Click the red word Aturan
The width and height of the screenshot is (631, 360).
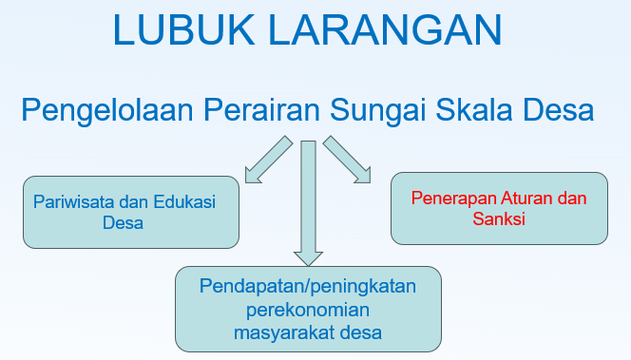tap(530, 199)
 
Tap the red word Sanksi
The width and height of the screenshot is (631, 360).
tap(499, 219)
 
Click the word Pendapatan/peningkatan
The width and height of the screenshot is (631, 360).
tap(308, 286)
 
